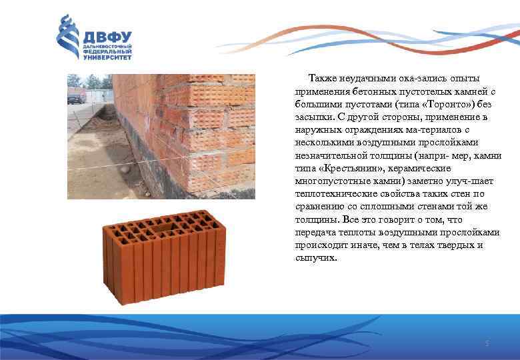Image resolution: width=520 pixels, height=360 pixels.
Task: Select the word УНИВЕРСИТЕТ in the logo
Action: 106,58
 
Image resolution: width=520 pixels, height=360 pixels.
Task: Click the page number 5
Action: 487,343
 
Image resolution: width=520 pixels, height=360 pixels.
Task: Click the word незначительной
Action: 330,155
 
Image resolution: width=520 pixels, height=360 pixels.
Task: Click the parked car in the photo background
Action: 76,97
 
